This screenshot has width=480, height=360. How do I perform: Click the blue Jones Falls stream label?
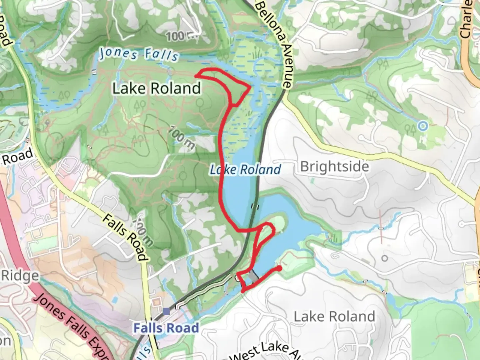139,54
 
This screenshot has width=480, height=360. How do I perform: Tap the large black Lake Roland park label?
156,88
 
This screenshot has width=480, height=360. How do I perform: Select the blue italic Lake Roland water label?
245,170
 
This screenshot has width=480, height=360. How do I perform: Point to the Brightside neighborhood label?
335,166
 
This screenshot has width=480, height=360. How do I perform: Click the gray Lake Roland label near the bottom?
334,316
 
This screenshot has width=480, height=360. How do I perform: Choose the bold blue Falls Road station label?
166,328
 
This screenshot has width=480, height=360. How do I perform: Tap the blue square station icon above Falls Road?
166,312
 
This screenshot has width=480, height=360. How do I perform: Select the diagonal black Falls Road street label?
125,237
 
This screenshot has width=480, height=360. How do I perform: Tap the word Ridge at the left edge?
20,276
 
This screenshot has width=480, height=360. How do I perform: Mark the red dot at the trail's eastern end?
279,268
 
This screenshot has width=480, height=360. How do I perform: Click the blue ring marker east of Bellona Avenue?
423,126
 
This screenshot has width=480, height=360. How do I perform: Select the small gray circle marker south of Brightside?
385,258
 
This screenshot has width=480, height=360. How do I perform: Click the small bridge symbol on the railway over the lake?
255,206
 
